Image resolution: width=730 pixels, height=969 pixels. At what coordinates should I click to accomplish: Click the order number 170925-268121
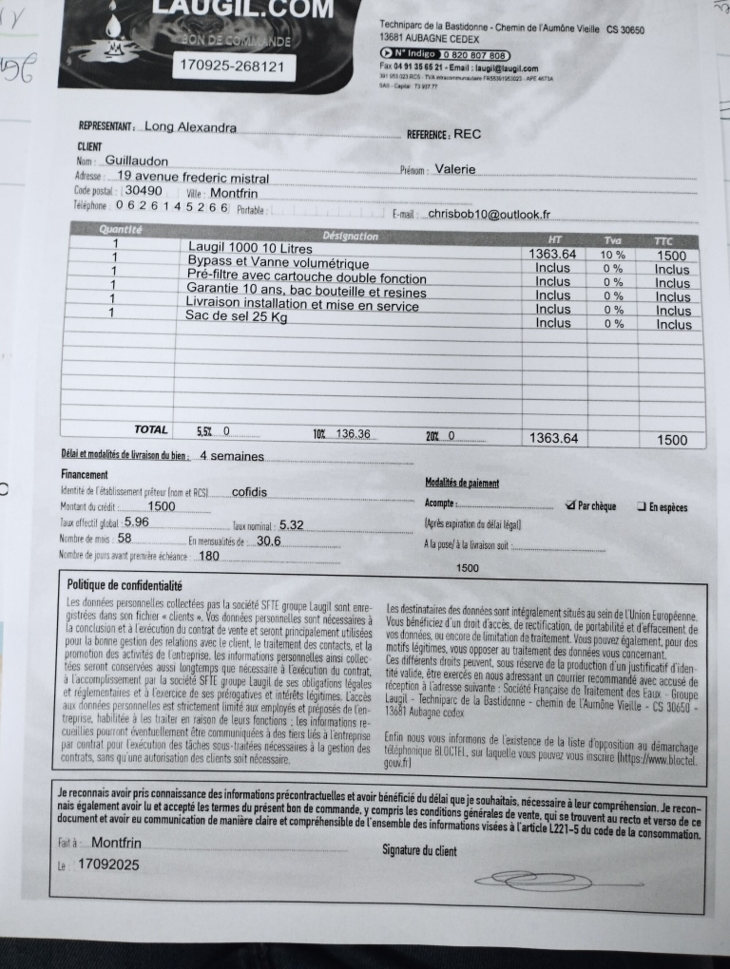pos(233,66)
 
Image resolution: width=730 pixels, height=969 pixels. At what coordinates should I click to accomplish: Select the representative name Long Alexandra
pos(190,127)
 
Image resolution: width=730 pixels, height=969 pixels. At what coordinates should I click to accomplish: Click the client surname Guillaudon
pos(136,161)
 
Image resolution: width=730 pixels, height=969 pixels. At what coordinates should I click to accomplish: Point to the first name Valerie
pos(455,169)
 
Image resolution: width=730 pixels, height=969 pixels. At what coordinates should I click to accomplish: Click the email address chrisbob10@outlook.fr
pos(489,214)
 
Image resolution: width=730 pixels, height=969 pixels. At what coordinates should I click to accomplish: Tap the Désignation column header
pos(350,236)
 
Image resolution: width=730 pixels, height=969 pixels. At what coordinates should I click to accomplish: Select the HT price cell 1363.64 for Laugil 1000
pos(552,254)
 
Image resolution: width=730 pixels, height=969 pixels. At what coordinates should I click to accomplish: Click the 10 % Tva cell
pos(612,255)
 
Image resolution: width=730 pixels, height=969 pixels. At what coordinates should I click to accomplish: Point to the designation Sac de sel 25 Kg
pos(236,316)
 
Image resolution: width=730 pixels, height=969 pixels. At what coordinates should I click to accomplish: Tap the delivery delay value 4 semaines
pos(232,456)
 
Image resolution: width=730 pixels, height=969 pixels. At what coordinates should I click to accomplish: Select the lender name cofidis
pos(249,492)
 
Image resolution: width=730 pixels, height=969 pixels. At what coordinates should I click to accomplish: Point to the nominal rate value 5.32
pos(291,525)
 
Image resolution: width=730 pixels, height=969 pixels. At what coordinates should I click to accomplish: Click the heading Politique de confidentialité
pos(124,585)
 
